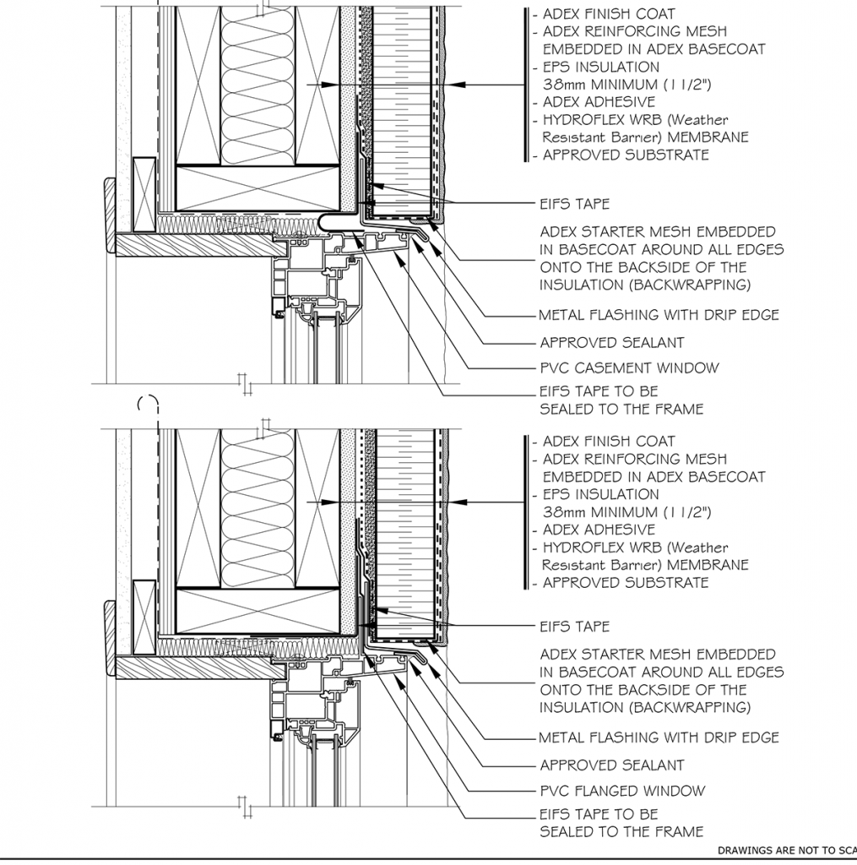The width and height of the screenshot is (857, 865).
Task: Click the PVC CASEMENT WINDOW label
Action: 629,368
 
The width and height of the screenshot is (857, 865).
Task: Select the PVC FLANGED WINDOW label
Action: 622,791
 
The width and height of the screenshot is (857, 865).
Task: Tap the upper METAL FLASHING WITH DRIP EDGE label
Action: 659,315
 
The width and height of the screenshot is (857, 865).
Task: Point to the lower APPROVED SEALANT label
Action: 612,765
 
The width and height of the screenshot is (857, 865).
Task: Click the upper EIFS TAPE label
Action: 575,204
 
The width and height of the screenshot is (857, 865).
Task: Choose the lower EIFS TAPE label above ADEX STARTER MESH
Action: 575,627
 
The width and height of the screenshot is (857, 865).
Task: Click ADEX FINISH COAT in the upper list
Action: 609,14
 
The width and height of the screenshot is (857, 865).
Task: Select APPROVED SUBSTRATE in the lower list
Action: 626,583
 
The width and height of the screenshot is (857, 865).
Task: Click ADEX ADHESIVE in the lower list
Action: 599,530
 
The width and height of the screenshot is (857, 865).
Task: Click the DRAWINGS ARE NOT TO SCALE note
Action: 787,850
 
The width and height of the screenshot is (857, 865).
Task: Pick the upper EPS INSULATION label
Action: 601,68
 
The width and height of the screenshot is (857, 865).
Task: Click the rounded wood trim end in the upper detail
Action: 110,216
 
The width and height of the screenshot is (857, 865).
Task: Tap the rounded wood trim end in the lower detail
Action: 110,639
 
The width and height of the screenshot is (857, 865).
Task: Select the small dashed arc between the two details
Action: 148,403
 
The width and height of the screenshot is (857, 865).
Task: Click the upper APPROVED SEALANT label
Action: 612,343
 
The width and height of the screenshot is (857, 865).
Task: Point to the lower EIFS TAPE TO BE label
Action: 599,814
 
